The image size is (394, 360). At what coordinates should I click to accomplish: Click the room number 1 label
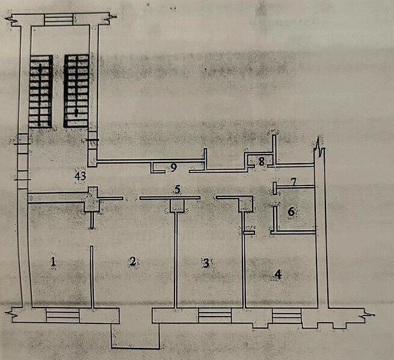click(53, 262)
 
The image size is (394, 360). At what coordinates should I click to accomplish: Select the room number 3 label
click(206, 263)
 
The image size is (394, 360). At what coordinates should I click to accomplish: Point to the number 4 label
click(278, 275)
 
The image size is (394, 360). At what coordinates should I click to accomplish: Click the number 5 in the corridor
click(177, 190)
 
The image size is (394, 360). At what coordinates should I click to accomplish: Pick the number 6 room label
click(291, 212)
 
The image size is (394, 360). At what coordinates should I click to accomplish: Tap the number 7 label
click(293, 182)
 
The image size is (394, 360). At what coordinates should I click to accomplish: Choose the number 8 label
click(262, 162)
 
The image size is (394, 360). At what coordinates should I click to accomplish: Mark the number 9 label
click(173, 167)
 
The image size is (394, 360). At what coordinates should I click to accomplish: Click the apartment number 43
click(81, 176)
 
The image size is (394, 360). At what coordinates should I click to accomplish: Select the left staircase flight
click(41, 92)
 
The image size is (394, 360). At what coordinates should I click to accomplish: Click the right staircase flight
click(76, 91)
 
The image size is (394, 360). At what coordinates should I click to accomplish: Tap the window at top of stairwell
click(59, 20)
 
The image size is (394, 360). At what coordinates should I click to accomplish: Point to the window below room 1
click(63, 315)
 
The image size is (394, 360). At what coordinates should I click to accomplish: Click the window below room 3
click(215, 315)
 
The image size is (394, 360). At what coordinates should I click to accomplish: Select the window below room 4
click(287, 316)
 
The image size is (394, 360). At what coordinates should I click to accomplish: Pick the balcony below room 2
click(135, 336)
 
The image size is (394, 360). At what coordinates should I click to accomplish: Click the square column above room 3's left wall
click(177, 206)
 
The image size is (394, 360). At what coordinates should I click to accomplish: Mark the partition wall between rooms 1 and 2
click(92, 277)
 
